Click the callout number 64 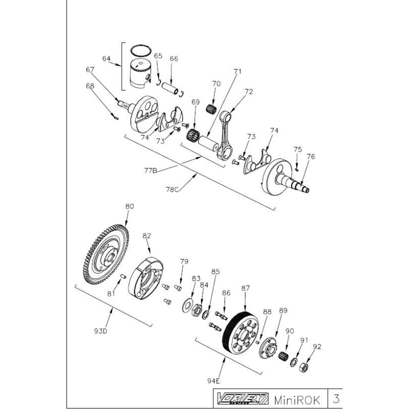tap(106, 59)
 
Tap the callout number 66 tap(174, 59)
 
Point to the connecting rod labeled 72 tap(223, 133)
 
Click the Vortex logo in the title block tap(236, 398)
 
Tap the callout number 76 tap(311, 157)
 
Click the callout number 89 tap(283, 310)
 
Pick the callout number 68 tap(90, 86)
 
